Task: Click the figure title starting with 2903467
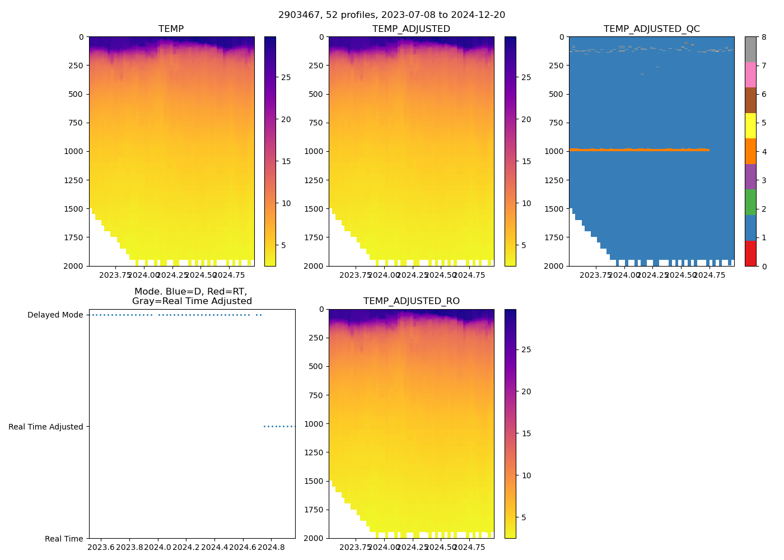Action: (391, 15)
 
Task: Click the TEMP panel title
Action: (171, 29)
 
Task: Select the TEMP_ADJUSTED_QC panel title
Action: (651, 29)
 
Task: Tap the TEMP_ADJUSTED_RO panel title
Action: (411, 301)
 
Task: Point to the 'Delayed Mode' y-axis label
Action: (55, 315)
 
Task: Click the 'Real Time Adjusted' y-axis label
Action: (45, 427)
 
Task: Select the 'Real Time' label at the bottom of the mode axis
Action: (64, 539)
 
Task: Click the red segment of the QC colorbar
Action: (750, 253)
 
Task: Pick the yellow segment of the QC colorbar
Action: (750, 125)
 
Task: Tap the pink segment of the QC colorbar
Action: (750, 74)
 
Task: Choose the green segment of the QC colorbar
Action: (750, 202)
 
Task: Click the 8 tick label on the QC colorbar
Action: (763, 38)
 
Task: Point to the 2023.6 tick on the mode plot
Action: (101, 547)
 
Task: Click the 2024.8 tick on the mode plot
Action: (272, 547)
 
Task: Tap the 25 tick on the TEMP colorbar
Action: (286, 77)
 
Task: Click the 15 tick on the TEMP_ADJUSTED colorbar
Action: (526, 161)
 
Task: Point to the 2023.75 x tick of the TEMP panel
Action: (115, 275)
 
